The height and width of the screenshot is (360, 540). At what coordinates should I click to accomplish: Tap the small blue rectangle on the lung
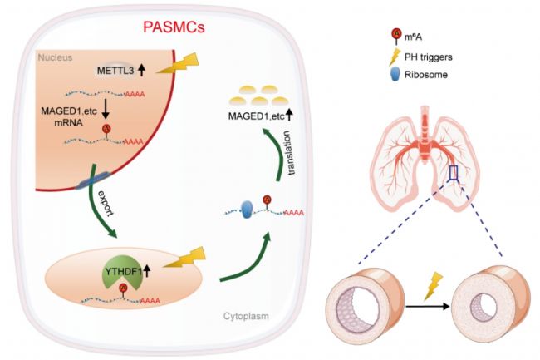click(454, 173)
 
